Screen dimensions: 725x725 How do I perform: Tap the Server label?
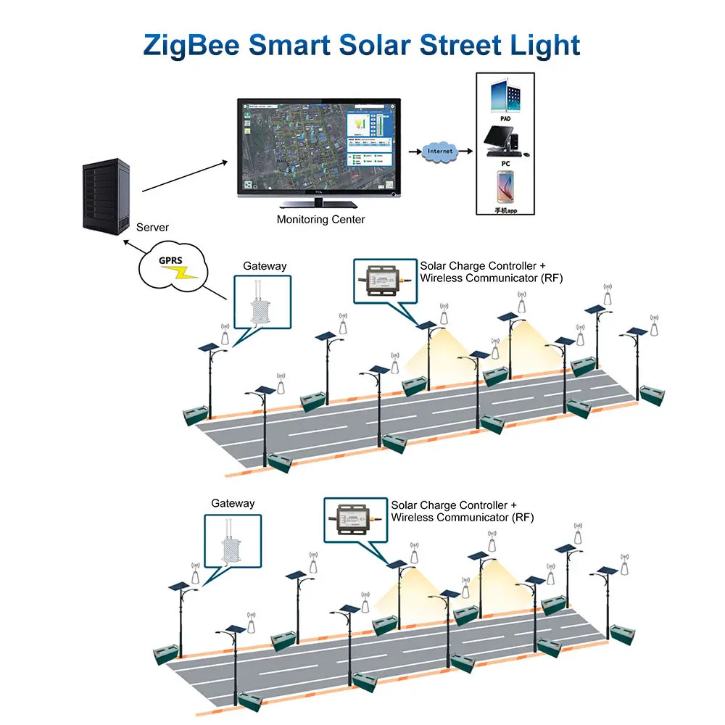pos(152,228)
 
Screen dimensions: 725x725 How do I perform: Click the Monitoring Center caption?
pos(320,219)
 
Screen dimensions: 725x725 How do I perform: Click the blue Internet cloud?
pos(440,151)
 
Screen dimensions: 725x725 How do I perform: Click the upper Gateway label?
pos(265,266)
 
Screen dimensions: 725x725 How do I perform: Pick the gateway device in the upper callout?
pos(261,306)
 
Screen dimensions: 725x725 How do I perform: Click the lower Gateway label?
pos(233,503)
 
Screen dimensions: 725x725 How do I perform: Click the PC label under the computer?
pos(505,164)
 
